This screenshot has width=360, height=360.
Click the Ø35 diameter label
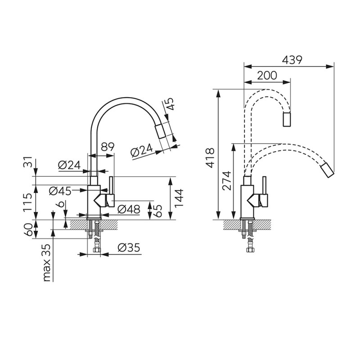click(129, 247)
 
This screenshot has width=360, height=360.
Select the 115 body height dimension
click(28, 202)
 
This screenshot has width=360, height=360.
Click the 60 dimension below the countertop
click(28, 229)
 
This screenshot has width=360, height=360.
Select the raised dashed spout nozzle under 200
click(287, 119)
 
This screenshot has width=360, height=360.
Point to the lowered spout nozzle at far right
click(328, 170)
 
